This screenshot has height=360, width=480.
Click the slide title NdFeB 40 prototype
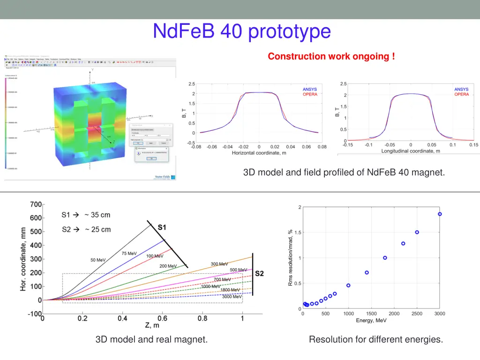(x=242, y=31)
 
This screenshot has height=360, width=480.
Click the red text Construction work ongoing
(x=331, y=56)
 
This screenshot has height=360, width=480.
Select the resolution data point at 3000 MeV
(x=440, y=214)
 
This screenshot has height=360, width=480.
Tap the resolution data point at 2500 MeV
(x=417, y=232)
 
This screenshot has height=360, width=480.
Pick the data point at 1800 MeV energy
(x=385, y=258)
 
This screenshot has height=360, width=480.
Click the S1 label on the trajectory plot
(x=161, y=227)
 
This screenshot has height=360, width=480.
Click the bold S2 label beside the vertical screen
(x=259, y=273)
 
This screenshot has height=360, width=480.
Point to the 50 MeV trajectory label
(x=98, y=260)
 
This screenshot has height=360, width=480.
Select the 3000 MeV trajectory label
(x=232, y=296)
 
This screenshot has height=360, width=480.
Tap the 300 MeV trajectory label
(x=219, y=264)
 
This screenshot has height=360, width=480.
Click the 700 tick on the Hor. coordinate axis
(x=36, y=204)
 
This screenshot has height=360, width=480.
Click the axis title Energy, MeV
(x=371, y=320)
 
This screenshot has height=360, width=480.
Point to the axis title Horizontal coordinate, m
(x=259, y=153)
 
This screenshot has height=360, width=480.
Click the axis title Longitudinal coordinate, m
(x=411, y=151)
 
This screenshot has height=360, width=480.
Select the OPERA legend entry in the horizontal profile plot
(x=310, y=94)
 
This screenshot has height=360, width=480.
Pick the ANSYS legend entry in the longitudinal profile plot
(x=461, y=89)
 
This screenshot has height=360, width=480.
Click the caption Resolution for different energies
(x=375, y=339)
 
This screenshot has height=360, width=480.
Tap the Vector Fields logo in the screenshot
(x=165, y=177)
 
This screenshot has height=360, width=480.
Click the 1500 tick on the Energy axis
(x=371, y=314)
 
